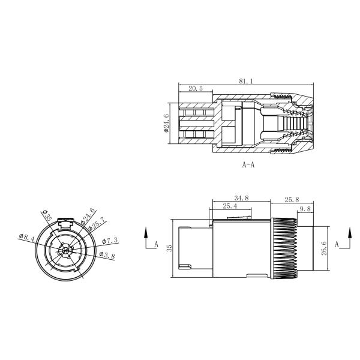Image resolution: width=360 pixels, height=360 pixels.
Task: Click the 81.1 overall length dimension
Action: (245, 80)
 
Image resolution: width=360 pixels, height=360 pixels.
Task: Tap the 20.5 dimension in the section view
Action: (196, 88)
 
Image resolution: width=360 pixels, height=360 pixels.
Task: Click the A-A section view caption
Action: (248, 164)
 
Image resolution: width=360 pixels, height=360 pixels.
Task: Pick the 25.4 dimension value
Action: (229, 206)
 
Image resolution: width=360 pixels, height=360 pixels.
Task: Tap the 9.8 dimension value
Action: (305, 209)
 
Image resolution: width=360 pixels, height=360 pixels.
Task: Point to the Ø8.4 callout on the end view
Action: (26, 238)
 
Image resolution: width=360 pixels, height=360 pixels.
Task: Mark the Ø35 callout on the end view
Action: (49, 214)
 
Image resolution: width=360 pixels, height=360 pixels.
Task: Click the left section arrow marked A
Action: (148, 238)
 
